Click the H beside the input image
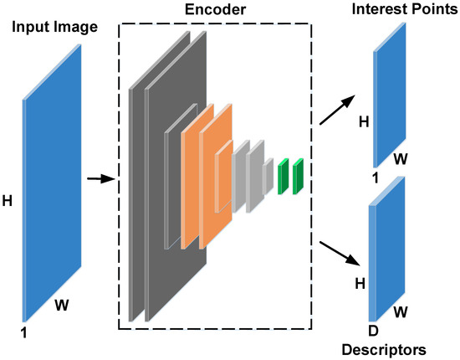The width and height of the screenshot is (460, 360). [x=8, y=202]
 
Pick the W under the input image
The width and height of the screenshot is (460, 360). [x=64, y=306]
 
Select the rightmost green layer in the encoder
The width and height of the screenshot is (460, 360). [x=298, y=177]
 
